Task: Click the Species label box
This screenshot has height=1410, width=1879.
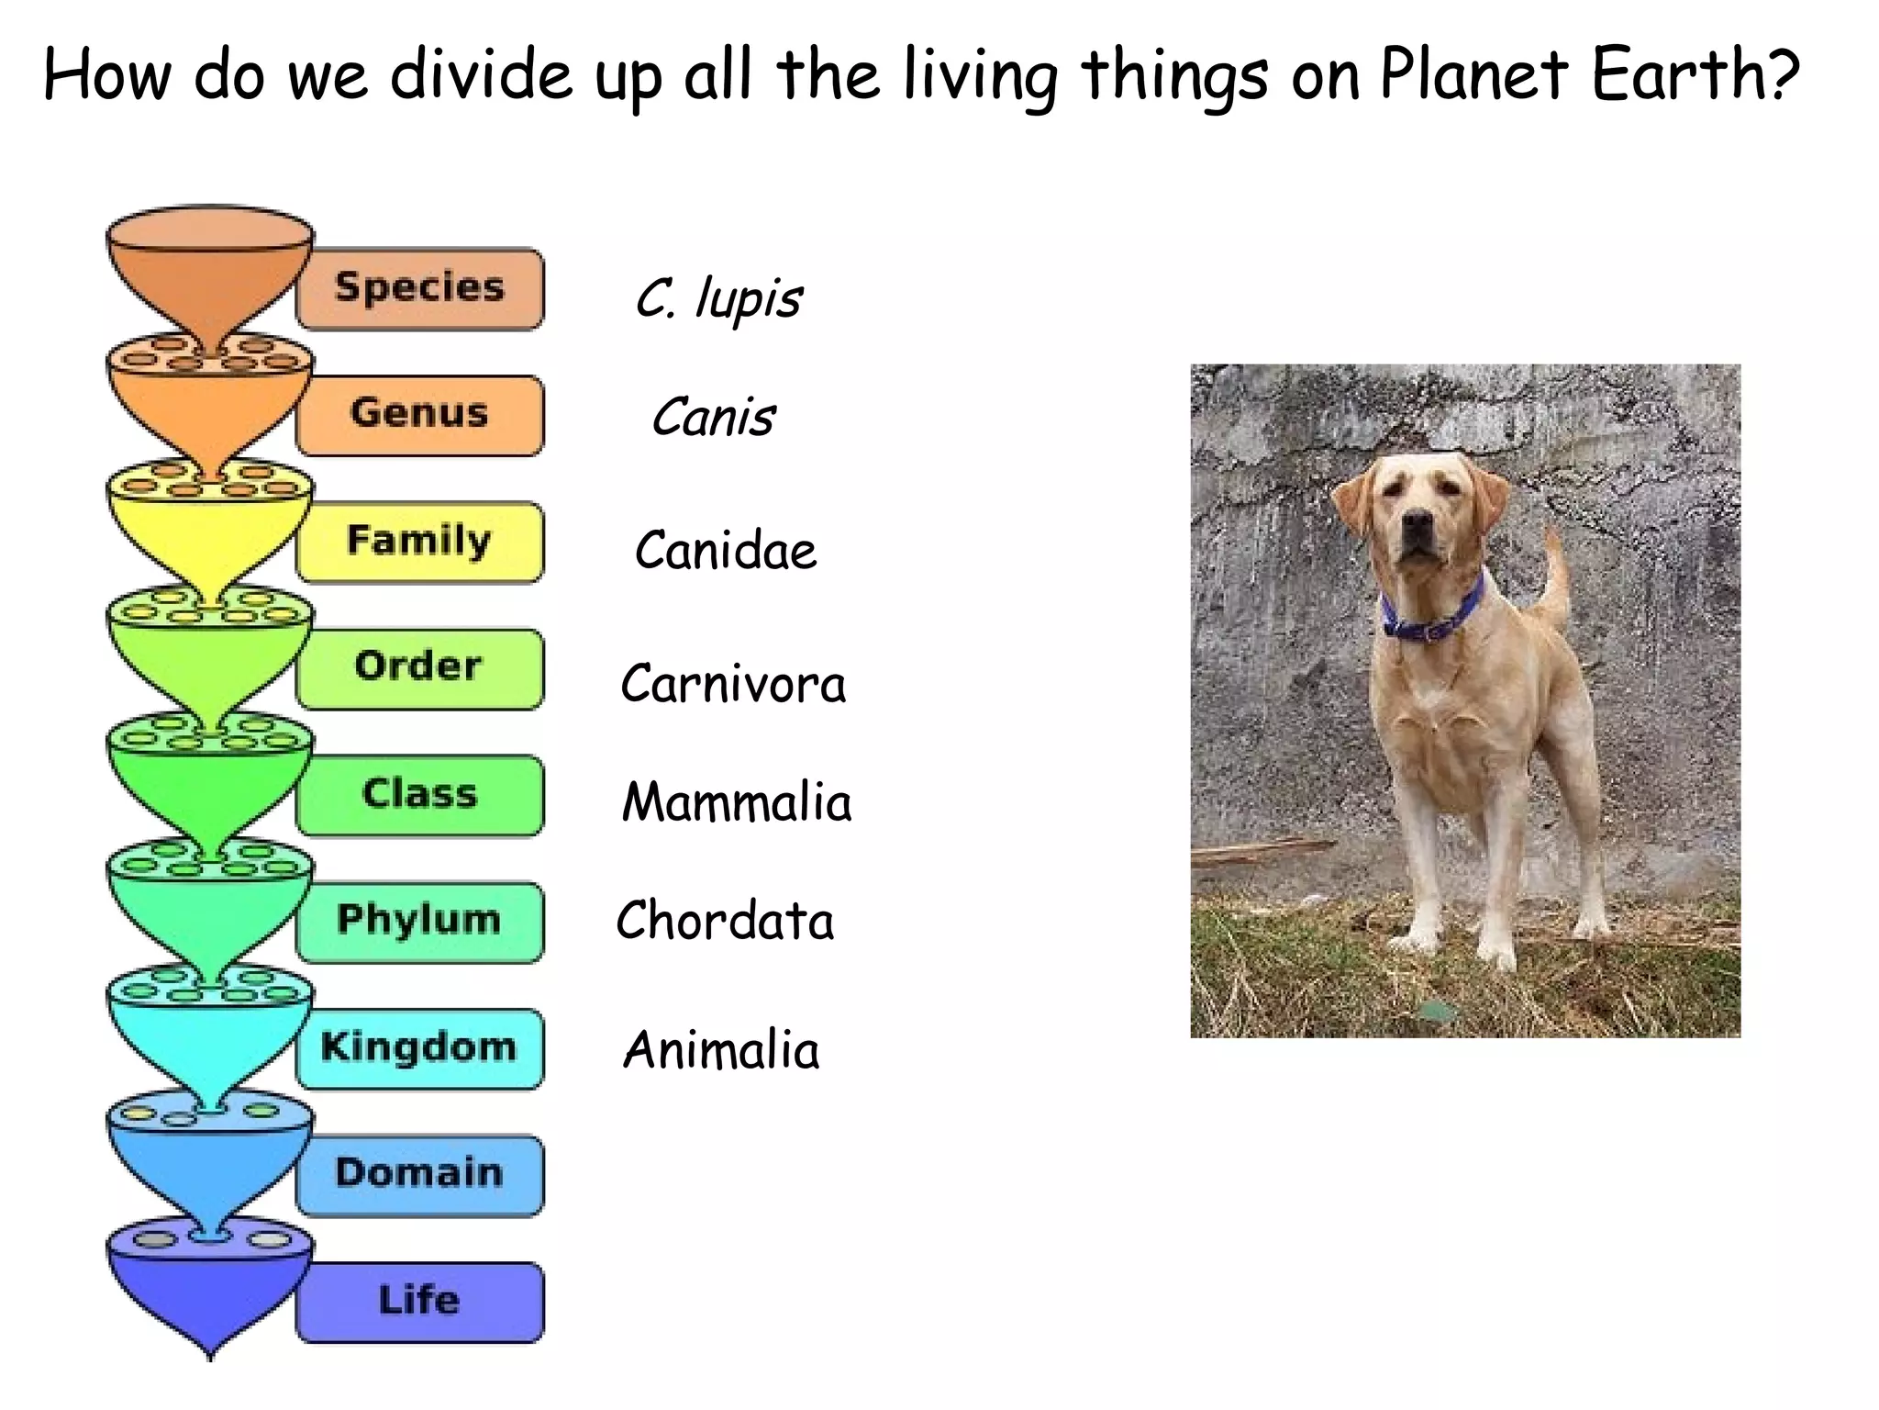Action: point(419,288)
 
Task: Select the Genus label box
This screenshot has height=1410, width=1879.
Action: point(419,414)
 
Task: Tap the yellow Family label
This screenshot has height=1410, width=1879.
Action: point(419,542)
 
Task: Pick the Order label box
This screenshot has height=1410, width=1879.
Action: point(419,668)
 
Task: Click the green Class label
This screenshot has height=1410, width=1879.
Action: point(419,795)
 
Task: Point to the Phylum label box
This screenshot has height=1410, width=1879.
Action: point(419,922)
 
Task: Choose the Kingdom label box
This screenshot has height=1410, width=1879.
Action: point(419,1048)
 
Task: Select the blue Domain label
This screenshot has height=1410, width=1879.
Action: point(419,1175)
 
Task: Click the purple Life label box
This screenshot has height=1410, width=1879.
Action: point(419,1302)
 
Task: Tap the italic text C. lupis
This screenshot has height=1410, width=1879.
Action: point(718,298)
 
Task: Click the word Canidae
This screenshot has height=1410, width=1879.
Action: point(725,551)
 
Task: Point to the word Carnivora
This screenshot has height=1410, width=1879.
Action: point(733,685)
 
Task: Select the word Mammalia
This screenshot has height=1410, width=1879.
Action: point(737,802)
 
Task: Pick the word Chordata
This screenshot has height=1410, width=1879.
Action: point(725,921)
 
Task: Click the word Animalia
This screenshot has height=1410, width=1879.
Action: point(721,1050)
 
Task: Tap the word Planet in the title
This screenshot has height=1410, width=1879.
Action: point(1473,75)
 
